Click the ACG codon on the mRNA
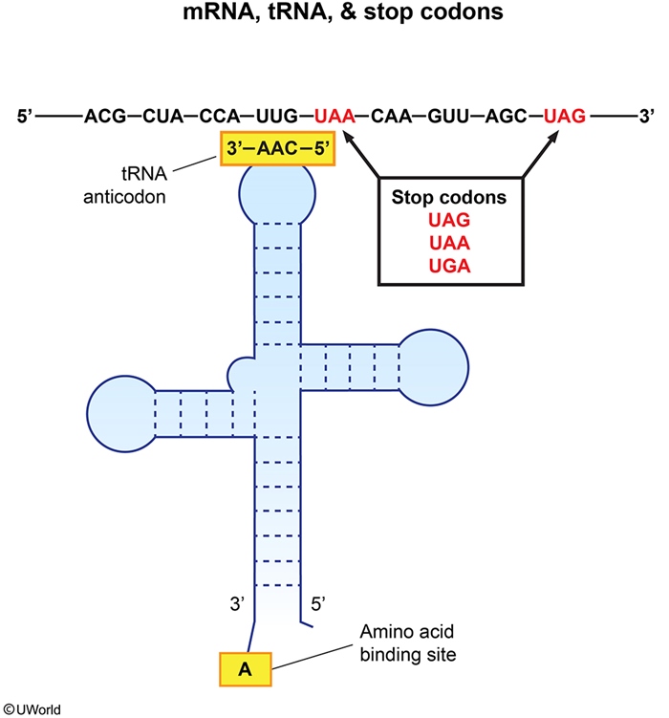coord(104,118)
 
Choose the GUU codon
coord(450,118)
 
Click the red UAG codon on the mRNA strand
coord(565,118)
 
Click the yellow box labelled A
coord(245,670)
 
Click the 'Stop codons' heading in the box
coord(449,201)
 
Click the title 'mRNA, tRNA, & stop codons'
coord(334,16)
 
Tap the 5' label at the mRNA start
coord(26,118)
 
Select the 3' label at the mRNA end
coord(647,118)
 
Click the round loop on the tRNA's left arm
coord(119,410)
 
